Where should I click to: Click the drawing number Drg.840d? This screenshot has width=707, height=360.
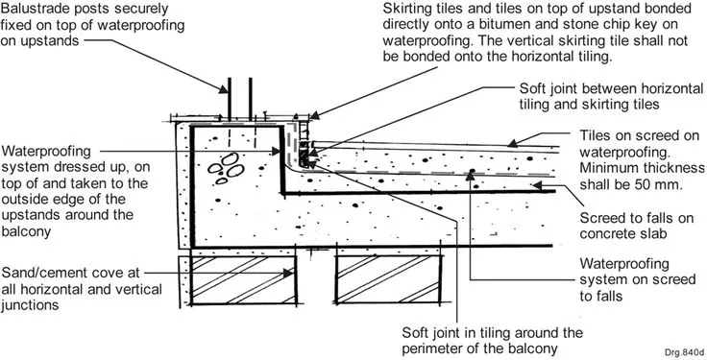(x=684, y=352)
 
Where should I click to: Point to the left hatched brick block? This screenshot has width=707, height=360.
(x=243, y=279)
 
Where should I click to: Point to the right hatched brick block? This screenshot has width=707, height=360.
(x=388, y=279)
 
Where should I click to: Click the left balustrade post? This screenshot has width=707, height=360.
(x=229, y=99)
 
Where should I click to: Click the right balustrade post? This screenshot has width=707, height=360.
(x=251, y=99)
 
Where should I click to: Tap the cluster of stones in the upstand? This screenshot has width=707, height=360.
(x=227, y=168)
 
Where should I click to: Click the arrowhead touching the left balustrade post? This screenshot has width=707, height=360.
(x=223, y=89)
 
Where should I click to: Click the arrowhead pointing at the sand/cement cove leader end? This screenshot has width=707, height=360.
(x=288, y=273)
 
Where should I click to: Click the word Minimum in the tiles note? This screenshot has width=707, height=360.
(x=607, y=168)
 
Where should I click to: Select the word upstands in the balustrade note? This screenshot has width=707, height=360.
(x=39, y=40)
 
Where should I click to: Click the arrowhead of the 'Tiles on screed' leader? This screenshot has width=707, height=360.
(x=512, y=143)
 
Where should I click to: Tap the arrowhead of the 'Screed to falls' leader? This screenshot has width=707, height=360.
(x=536, y=184)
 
